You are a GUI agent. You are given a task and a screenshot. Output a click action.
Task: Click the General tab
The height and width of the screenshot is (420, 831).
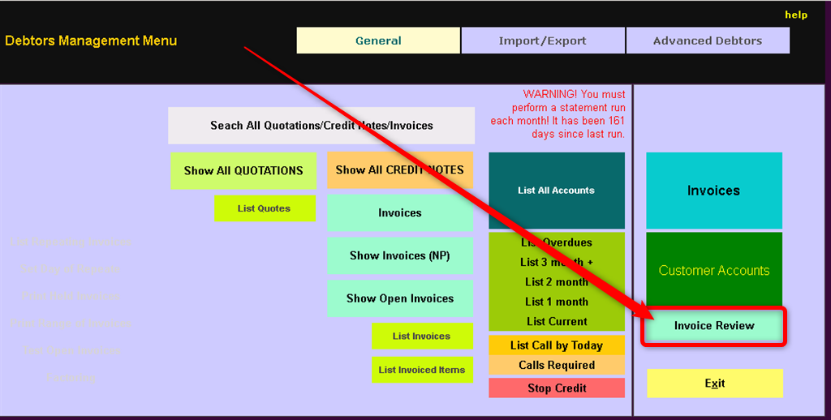pyautogui.click(x=378, y=41)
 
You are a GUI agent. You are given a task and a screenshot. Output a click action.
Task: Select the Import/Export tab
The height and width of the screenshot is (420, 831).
pyautogui.click(x=542, y=41)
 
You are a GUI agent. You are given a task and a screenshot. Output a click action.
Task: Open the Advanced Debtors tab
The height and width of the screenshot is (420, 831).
pyautogui.click(x=707, y=41)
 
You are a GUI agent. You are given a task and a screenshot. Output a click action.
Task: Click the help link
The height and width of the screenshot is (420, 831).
pyautogui.click(x=795, y=15)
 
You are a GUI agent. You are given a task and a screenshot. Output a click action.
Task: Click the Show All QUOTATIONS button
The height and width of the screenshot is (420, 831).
pyautogui.click(x=243, y=170)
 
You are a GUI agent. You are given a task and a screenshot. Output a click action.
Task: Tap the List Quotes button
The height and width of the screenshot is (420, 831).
pyautogui.click(x=264, y=208)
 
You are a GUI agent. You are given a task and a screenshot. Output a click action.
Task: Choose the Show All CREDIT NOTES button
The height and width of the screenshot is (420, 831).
pyautogui.click(x=400, y=170)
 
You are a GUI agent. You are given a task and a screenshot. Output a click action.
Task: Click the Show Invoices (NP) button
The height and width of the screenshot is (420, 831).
pyautogui.click(x=400, y=255)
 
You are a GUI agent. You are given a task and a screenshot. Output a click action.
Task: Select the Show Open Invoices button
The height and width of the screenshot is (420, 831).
pyautogui.click(x=400, y=298)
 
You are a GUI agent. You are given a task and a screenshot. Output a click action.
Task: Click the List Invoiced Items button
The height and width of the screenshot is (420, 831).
pyautogui.click(x=422, y=370)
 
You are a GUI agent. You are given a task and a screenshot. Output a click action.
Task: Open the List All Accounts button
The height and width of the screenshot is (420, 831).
pyautogui.click(x=556, y=191)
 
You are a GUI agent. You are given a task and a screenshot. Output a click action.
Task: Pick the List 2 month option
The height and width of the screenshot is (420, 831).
pyautogui.click(x=557, y=281)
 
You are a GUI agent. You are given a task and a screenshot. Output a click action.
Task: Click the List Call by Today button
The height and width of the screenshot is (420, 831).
pyautogui.click(x=557, y=345)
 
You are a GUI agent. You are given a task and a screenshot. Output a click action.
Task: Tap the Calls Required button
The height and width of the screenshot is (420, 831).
pyautogui.click(x=557, y=365)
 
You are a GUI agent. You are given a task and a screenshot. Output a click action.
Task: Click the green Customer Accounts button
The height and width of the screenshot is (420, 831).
pyautogui.click(x=714, y=270)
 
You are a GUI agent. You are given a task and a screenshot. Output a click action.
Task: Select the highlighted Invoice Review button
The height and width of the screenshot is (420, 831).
pyautogui.click(x=714, y=326)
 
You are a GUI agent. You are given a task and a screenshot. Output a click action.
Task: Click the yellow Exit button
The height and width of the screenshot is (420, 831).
pyautogui.click(x=714, y=384)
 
